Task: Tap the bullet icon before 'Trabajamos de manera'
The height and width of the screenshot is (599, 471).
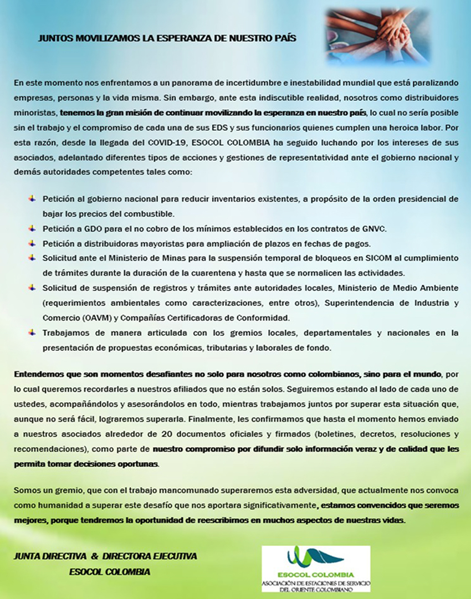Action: click(32, 332)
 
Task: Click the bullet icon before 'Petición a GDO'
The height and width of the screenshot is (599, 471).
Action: click(32, 228)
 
